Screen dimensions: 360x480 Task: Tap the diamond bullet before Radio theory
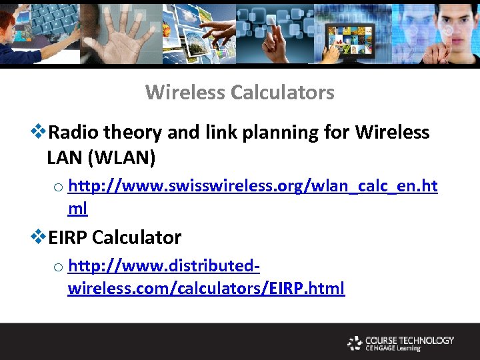(x=39, y=132)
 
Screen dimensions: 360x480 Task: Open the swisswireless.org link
(x=253, y=187)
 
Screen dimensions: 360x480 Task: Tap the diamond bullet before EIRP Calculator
(x=39, y=237)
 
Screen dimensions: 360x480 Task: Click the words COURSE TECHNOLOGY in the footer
(x=409, y=340)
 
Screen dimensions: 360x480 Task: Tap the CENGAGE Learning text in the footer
(x=393, y=348)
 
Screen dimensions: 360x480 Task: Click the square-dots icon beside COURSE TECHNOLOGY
(x=355, y=343)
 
